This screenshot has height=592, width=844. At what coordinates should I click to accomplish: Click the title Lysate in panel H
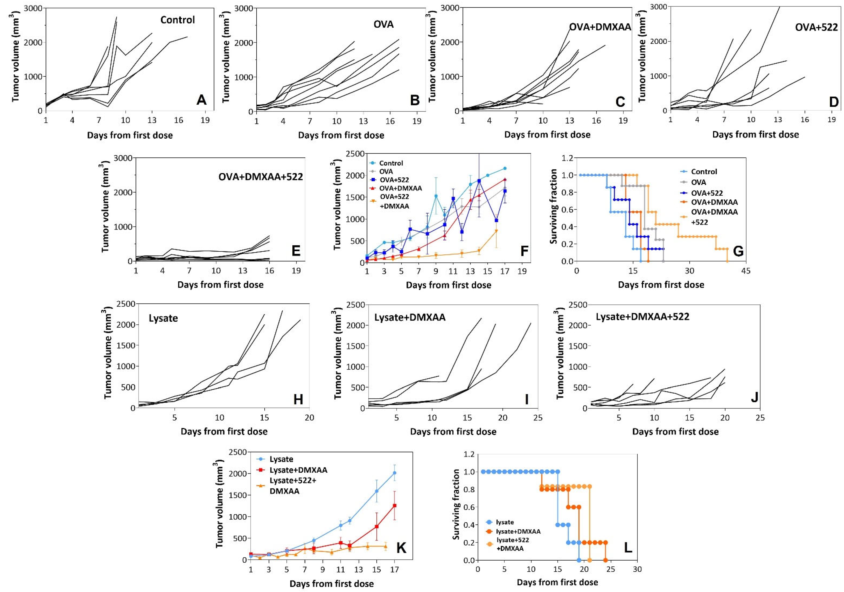click(163, 318)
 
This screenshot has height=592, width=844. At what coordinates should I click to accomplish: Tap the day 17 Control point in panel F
click(505, 168)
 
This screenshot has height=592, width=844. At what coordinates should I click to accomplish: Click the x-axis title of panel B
click(341, 135)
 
